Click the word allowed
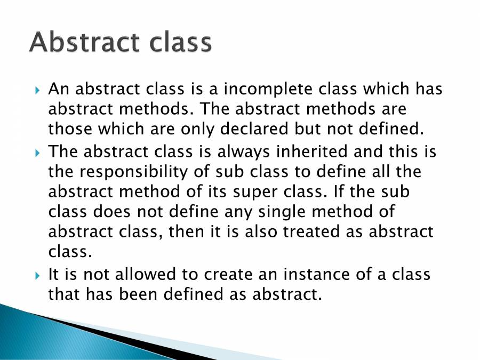pos(144,274)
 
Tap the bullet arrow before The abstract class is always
pos(38,153)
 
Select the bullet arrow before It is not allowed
pos(38,275)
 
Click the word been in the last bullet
pos(139,294)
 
